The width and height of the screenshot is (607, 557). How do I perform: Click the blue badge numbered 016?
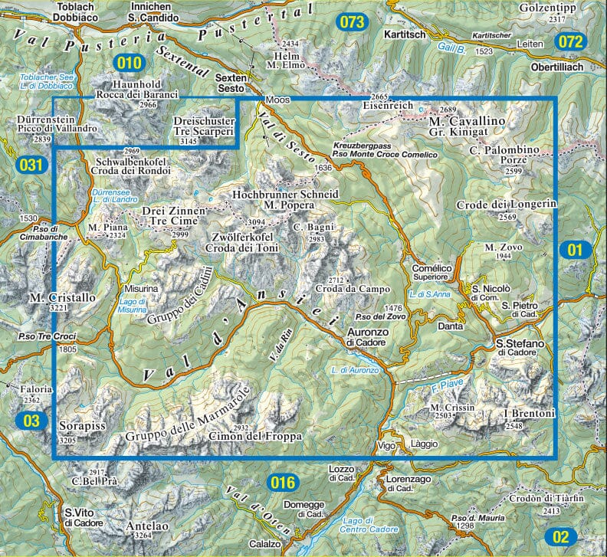pyautogui.click(x=283, y=482)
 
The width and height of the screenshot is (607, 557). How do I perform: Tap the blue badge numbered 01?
pyautogui.click(x=576, y=249)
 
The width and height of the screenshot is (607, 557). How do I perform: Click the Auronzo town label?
pyautogui.click(x=364, y=332)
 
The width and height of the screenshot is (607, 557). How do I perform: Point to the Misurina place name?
pyautogui.click(x=138, y=289)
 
